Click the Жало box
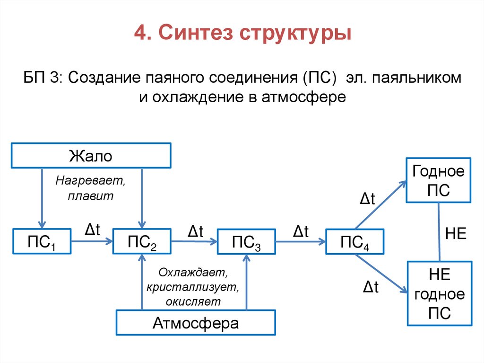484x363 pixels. tap(91, 155)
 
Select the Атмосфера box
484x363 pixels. tap(196, 324)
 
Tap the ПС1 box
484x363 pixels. tap(42, 242)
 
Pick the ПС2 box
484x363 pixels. tap(142, 242)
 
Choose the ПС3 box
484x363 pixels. tap(246, 242)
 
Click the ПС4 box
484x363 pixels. tap(354, 242)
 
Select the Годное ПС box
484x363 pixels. tap(439, 180)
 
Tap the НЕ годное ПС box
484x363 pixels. tap(439, 293)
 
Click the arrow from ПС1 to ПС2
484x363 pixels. tap(92, 241)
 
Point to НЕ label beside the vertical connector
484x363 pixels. tap(456, 234)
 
